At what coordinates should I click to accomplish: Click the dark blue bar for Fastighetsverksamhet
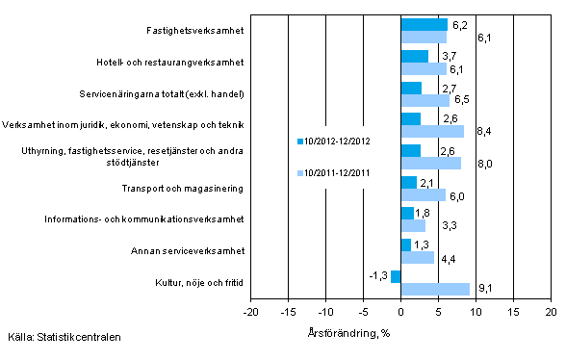(424, 25)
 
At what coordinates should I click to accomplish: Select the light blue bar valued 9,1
(435, 288)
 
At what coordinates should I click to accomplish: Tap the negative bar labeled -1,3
(396, 276)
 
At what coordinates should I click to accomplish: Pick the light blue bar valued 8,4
(432, 131)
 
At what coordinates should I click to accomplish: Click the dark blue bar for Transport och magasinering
(409, 182)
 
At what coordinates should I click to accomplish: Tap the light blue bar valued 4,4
(418, 257)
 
